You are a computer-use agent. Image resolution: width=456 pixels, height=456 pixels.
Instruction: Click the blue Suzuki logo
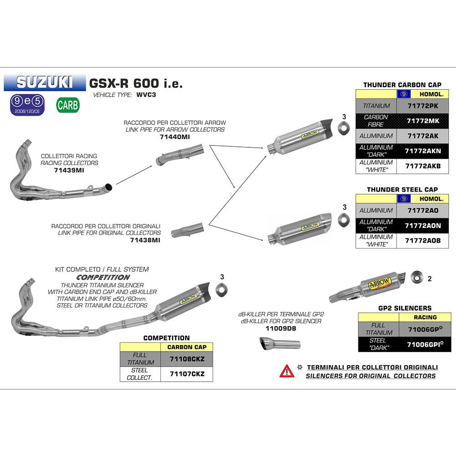pyautogui.click(x=44, y=82)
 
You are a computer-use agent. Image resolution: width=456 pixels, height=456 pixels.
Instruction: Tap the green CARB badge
pyautogui.click(x=68, y=105)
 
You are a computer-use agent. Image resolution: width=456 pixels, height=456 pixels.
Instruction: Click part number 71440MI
pyautogui.click(x=175, y=136)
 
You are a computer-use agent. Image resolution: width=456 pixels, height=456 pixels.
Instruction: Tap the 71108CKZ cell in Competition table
pyautogui.click(x=187, y=359)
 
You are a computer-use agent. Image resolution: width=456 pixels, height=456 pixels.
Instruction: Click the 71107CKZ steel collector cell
pyautogui.click(x=187, y=374)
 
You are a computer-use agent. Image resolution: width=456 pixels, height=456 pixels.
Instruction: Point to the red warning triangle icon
pyautogui.click(x=287, y=371)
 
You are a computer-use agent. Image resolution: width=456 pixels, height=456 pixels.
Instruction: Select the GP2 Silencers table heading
pyautogui.click(x=405, y=308)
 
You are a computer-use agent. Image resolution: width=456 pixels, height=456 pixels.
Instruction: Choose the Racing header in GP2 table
pyautogui.click(x=425, y=317)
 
